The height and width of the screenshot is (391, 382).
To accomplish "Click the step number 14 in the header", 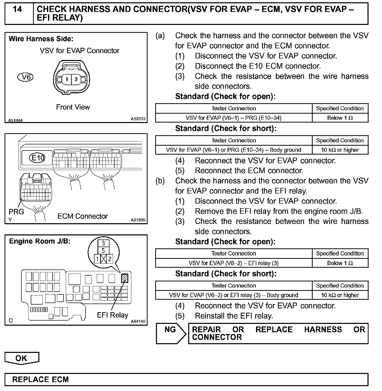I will tap(17, 9).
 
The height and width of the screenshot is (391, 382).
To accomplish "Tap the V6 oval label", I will tap(25, 77).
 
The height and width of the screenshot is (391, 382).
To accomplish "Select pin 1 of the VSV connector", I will tap(67, 79).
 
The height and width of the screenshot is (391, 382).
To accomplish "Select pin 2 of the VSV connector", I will tap(76, 79).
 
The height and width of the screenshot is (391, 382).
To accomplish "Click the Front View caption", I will tap(73, 107).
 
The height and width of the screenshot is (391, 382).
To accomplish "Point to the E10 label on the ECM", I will tap(37, 158).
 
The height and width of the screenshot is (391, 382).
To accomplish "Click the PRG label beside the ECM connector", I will tap(16, 212).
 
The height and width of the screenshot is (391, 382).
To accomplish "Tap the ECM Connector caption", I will tap(83, 216).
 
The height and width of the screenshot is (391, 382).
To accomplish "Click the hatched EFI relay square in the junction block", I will tap(125, 278).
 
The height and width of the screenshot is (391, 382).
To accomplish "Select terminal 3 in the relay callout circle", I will tap(103, 243).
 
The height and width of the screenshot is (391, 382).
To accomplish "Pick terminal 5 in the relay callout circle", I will tap(103, 251).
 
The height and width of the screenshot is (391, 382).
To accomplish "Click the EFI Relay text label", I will tap(113, 315).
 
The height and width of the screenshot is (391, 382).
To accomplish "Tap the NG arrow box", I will tap(170, 333).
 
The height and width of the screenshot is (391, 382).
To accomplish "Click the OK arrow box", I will tap(21, 358).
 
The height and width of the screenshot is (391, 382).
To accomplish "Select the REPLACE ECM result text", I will tap(41, 380).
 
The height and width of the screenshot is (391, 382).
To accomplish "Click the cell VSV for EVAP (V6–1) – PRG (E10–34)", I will tap(233, 118).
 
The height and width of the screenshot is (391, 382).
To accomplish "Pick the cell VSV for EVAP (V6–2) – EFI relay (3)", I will tap(233, 263).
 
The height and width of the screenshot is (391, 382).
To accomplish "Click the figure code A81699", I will tap(138, 220).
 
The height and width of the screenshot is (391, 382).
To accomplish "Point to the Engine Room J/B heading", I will tap(40, 241).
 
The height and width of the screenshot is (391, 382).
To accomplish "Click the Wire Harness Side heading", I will tap(41, 39).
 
